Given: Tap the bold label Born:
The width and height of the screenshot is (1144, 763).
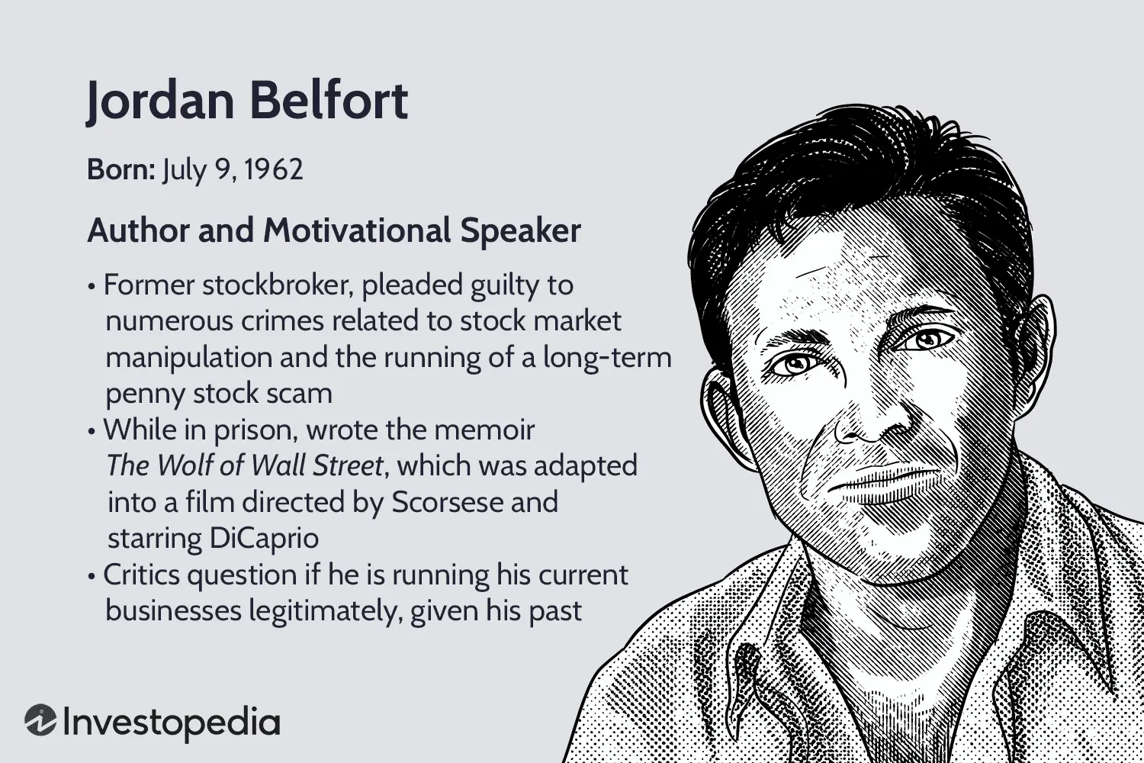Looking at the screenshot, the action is point(121,169).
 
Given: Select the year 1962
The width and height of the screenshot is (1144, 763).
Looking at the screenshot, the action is point(274,169).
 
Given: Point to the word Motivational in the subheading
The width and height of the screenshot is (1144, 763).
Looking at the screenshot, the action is point(356,230).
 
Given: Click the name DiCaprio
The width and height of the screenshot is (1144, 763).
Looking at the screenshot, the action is point(264,539).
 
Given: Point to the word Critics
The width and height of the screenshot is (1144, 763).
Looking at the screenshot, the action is point(141,575).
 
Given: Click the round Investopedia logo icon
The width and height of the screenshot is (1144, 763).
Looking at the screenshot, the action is point(40,720).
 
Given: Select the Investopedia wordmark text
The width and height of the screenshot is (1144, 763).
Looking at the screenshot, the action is point(172,723).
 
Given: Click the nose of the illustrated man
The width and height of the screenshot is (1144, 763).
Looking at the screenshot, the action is point(868,419).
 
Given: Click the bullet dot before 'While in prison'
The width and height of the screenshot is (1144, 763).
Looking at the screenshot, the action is point(92,431).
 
